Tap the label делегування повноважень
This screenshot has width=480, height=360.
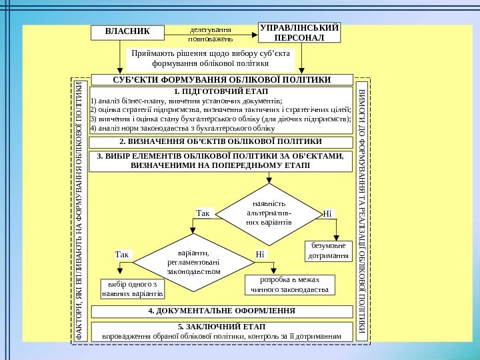point(210,34)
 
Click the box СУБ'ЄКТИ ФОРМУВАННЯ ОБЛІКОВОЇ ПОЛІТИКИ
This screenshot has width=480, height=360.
point(222,80)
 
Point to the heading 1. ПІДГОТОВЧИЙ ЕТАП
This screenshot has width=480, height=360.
point(220,91)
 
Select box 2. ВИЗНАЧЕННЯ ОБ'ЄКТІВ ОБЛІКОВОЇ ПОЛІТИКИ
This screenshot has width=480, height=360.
point(221,142)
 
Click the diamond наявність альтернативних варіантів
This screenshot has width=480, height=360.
point(269,211)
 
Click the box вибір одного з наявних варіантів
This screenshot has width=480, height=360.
point(132,289)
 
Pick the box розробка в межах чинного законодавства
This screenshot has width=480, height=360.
point(289,285)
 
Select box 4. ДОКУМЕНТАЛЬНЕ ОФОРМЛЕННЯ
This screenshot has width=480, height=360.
point(221,311)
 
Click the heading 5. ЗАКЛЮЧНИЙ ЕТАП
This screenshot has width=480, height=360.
point(221,326)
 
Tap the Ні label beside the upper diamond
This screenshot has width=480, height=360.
point(327,214)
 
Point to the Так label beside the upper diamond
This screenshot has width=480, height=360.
point(203,213)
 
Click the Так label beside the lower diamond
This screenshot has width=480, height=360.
point(122,254)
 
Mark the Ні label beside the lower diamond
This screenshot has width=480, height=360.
point(260,254)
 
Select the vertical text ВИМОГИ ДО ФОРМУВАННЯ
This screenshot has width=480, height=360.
point(362,210)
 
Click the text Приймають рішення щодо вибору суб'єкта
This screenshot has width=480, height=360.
point(211,59)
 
